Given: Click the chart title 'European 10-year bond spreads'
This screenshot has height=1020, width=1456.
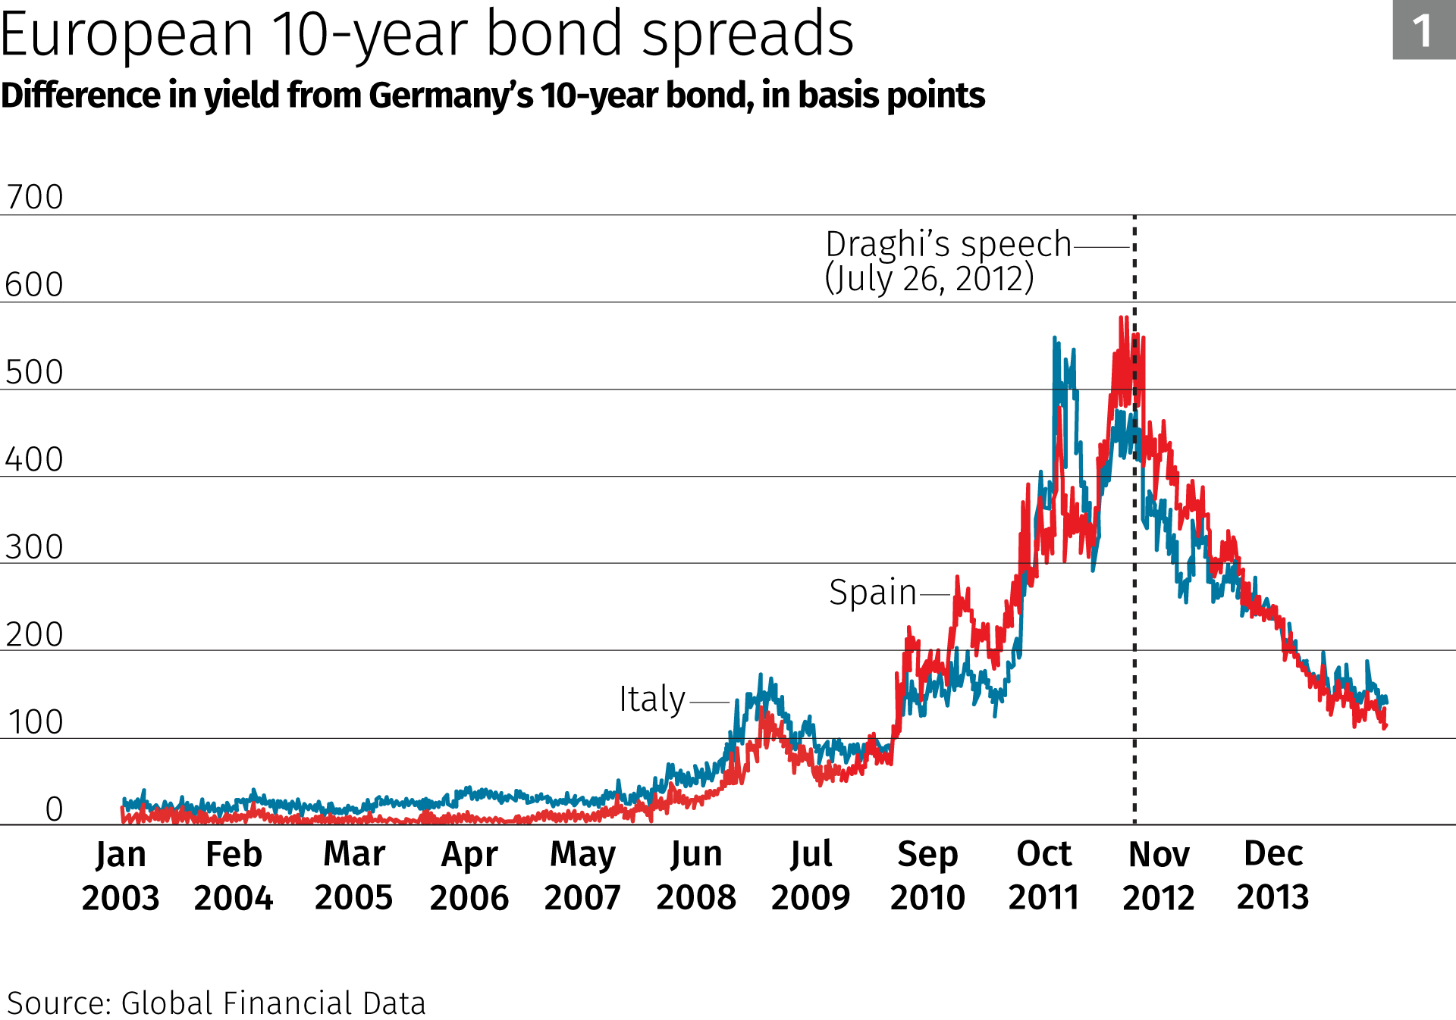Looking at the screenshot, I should pos(427,34).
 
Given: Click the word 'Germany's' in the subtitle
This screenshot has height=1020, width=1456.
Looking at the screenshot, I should pos(450,96).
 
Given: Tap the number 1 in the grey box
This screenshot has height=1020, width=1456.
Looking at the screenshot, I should pos(1423,31).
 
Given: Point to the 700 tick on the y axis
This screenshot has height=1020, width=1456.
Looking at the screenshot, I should pos(34,197).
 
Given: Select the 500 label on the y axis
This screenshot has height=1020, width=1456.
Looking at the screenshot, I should pos(34,372).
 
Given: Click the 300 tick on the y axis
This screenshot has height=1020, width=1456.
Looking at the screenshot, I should pos(34,547).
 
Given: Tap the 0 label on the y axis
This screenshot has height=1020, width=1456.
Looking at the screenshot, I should pos(54,809).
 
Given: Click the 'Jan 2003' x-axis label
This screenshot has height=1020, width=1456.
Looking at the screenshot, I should pos(121,875).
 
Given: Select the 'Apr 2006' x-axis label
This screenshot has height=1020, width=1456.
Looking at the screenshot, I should pos(469,875).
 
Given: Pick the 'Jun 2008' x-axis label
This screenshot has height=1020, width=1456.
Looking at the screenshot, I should pos(696,875).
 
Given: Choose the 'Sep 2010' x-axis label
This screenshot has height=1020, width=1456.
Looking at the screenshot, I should pos(927,875).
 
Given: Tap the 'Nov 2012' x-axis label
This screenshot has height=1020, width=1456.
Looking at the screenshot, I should pos(1159,875).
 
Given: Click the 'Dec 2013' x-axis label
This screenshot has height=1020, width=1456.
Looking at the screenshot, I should pos(1273,875).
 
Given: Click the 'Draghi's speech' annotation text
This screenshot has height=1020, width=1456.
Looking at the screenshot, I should pos(948,245).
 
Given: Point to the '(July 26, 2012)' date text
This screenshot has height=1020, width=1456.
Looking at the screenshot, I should pos(929,279).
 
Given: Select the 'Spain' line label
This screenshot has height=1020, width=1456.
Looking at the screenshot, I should pos(873,593).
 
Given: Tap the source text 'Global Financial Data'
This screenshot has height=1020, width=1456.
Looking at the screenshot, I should pos(273,1003).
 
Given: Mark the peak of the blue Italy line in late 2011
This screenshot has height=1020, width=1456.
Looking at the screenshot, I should pos(1055,339).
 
